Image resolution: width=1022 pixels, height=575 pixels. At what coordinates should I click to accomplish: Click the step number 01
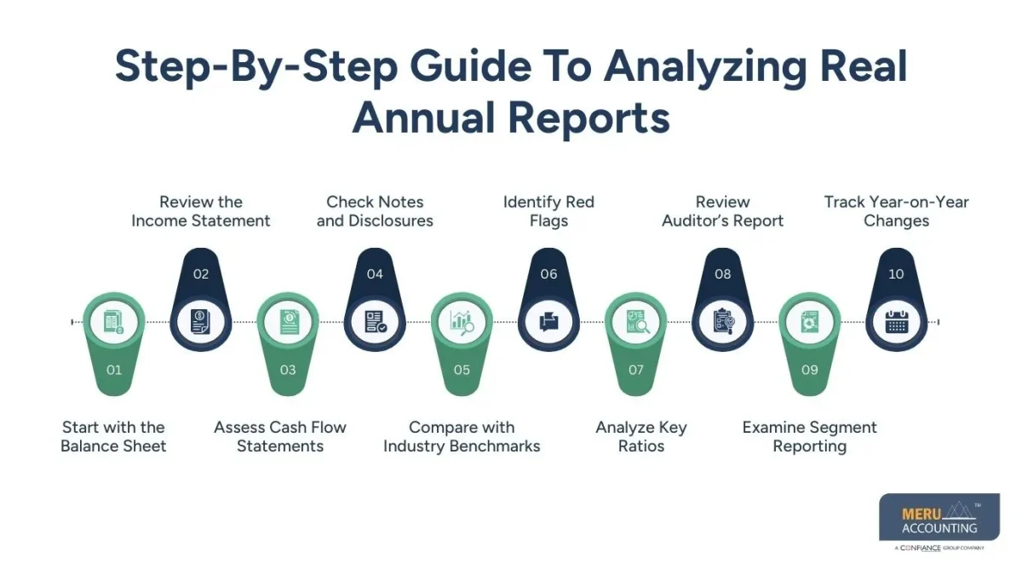pos(114,370)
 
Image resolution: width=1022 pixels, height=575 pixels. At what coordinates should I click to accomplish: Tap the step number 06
pos(548,273)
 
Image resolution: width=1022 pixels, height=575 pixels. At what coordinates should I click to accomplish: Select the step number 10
pos(896,273)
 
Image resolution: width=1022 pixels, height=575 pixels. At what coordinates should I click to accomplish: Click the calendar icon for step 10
pos(896,322)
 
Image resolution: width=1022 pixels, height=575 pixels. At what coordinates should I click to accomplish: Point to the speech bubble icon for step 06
pos(548,322)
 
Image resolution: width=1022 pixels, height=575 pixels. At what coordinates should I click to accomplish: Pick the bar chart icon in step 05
pos(462,322)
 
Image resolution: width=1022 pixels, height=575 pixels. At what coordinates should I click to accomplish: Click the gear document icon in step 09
pos(809,322)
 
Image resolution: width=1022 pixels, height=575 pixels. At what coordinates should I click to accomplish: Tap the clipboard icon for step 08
pos(722,322)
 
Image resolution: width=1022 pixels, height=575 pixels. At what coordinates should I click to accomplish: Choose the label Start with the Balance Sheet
pos(113,436)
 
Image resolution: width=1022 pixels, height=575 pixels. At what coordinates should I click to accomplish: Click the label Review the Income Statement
pos(201,211)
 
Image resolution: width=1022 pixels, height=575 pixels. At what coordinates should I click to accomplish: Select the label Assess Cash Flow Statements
pos(280,436)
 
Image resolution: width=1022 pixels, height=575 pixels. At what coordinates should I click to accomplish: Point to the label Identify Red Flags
pos(548,211)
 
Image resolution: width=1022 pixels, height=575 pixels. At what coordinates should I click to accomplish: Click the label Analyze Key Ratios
pos(641,436)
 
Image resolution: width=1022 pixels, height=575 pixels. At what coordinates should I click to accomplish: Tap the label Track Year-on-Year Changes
pos(896,211)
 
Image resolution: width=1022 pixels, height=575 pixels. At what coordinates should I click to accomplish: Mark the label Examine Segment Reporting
pos(809,436)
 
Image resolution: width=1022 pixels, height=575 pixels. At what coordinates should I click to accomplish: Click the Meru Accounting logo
pos(939,520)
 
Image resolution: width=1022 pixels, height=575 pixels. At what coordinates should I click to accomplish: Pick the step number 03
pos(288,370)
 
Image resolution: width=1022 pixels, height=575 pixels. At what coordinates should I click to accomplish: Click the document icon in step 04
pos(375,322)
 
